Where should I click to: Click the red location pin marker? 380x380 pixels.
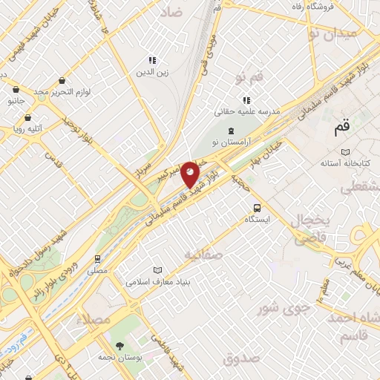coord(191,174)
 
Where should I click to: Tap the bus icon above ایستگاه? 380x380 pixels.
coord(257,209)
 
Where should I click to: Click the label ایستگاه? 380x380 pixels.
coord(257,220)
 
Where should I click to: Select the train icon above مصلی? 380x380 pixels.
coord(97,259)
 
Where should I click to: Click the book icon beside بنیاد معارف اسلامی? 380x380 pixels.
coord(156,270)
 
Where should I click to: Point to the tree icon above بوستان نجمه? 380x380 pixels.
coord(120,345)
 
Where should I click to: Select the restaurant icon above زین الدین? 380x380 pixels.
coord(151,60)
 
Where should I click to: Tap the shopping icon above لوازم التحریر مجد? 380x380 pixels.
coord(62,79)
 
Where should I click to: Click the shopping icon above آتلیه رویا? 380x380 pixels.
coord(27,117)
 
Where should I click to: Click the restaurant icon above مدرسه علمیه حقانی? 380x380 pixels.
coord(246,100)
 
